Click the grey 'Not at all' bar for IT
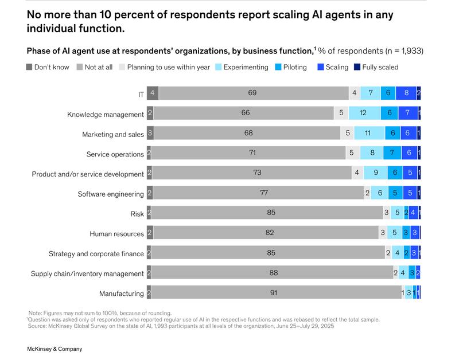click(253, 93)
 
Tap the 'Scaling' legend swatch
click(320, 67)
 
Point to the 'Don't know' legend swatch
click(29, 67)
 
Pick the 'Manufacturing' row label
click(121, 294)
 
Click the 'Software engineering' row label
click(111, 194)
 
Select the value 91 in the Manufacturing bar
click(274, 293)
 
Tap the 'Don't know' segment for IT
click(152, 93)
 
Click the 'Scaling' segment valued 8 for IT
click(406, 93)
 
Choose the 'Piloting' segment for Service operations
click(392, 154)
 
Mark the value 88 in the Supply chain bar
click(273, 273)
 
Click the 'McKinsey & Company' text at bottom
click(55, 349)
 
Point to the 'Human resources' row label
click(116, 234)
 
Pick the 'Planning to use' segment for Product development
click(357, 173)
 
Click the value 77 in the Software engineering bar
click(264, 193)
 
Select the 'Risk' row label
click(137, 214)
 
